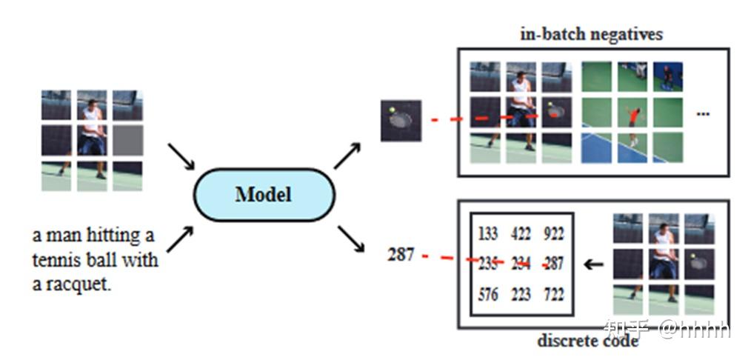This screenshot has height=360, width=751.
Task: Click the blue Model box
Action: point(264,195)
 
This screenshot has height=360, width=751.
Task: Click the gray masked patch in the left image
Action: point(127,140)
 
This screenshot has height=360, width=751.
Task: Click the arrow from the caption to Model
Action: point(181,239)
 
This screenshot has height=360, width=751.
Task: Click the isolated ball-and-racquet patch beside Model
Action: point(401,120)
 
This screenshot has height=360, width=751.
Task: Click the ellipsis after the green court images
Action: point(704,113)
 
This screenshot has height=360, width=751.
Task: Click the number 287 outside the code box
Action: point(401,255)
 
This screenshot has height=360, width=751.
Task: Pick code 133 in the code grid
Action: point(487,235)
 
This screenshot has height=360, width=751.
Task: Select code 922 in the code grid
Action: point(553,235)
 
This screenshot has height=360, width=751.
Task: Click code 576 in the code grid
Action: point(487,294)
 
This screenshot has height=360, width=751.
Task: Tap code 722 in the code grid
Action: point(553,294)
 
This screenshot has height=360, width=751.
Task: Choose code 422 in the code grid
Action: point(521,235)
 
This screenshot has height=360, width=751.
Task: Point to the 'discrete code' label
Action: point(587,341)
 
